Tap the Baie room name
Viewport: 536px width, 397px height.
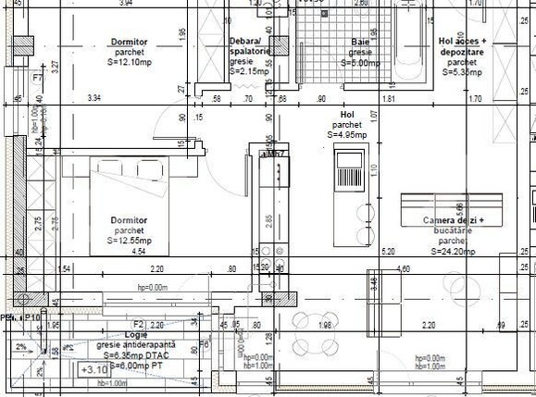coord(361,43)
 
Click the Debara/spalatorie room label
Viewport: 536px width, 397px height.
coord(249,47)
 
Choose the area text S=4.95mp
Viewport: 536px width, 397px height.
coord(348,134)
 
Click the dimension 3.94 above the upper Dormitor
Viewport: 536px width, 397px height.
coord(126,4)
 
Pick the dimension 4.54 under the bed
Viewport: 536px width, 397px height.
coord(139,251)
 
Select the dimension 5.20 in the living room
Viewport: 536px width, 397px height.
coord(388,251)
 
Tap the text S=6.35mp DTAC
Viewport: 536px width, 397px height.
coord(135,354)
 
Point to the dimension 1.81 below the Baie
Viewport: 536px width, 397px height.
coord(390,98)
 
